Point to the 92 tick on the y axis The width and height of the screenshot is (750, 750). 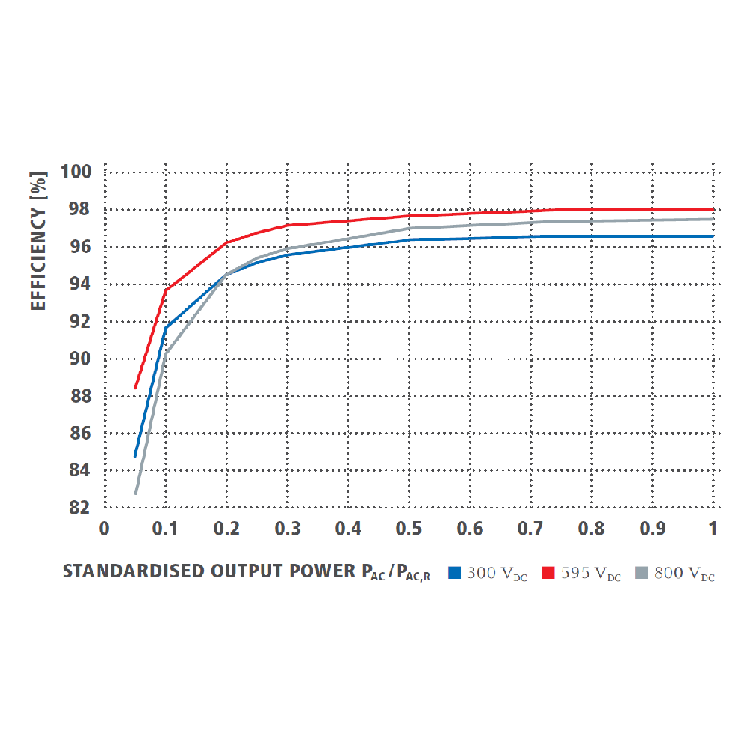pyautogui.click(x=79, y=321)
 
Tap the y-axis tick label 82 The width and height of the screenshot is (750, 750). pyautogui.click(x=79, y=508)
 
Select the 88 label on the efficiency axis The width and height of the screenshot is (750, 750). pyautogui.click(x=79, y=396)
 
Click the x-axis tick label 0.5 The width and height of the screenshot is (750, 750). pyautogui.click(x=408, y=529)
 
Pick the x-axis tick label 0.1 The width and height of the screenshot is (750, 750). pyautogui.click(x=164, y=529)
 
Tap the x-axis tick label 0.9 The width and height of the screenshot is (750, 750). pyautogui.click(x=652, y=529)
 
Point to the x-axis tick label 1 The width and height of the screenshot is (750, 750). pyautogui.click(x=712, y=529)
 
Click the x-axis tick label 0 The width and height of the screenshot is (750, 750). pyautogui.click(x=104, y=529)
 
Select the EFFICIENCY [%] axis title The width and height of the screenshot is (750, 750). pyautogui.click(x=39, y=240)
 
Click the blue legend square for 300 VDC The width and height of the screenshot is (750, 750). pyautogui.click(x=453, y=573)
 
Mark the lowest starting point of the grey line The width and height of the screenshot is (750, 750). pyautogui.click(x=136, y=493)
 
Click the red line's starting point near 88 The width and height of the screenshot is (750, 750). pyautogui.click(x=136, y=388)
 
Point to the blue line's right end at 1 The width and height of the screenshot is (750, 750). pyautogui.click(x=712, y=236)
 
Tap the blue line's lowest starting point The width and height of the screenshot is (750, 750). pyautogui.click(x=136, y=456)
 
